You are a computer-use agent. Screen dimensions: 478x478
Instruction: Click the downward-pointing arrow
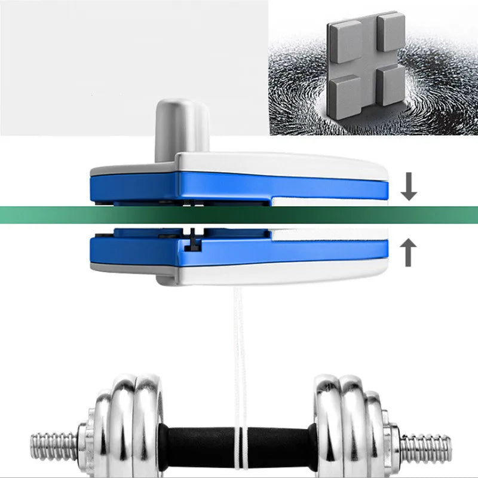[x=409, y=187]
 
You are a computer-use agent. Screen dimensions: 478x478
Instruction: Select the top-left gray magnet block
[x=346, y=41]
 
